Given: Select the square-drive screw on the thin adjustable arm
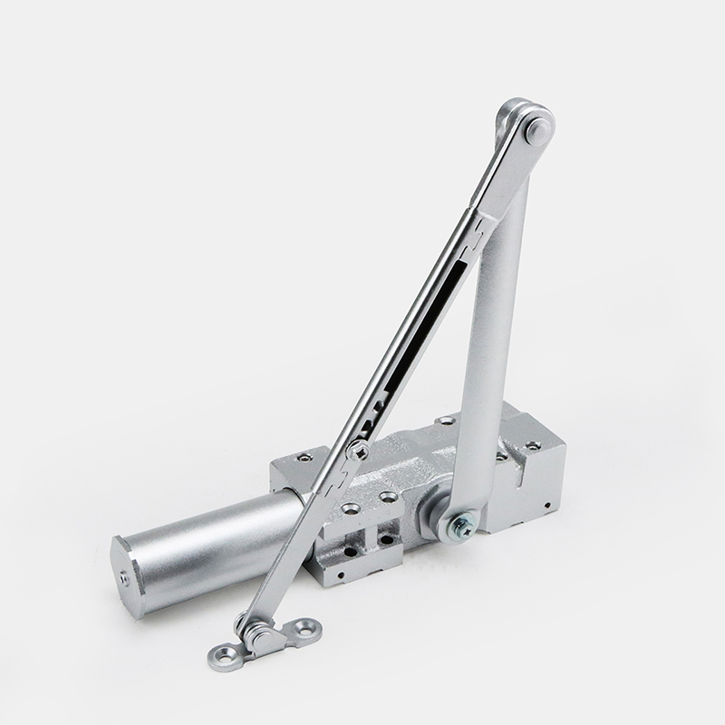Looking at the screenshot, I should pyautogui.click(x=360, y=450).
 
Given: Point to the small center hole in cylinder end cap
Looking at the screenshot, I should pyautogui.click(x=124, y=575).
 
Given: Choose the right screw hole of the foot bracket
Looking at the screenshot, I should pyautogui.click(x=301, y=626).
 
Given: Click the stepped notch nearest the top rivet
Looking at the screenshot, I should pyautogui.click(x=471, y=237).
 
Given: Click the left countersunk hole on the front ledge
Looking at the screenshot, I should pyautogui.click(x=347, y=507).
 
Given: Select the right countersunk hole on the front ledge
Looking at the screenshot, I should pyautogui.click(x=388, y=497).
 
